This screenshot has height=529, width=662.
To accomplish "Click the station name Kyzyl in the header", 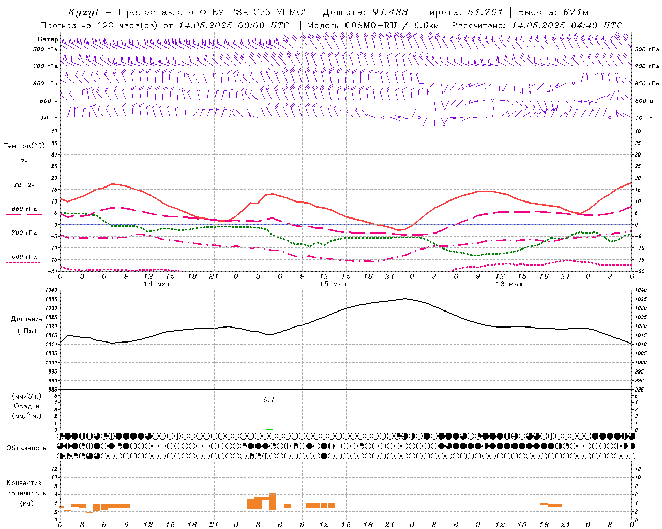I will click(x=83, y=12).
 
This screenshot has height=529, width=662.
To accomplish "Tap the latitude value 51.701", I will click(x=485, y=12).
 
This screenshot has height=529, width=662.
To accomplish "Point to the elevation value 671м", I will click(x=576, y=12).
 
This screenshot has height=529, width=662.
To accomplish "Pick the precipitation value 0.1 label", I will click(x=268, y=400).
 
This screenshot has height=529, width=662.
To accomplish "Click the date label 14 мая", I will click(x=157, y=284).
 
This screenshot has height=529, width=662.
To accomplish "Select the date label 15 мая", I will click(x=333, y=284).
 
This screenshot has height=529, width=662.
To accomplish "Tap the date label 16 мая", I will click(x=508, y=284).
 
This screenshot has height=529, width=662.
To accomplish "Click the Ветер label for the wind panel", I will click(x=48, y=39).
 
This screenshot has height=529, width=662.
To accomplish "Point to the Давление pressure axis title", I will click(x=24, y=319).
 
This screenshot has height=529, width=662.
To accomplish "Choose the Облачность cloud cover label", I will click(x=26, y=448).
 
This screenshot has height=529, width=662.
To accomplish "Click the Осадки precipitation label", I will click(x=26, y=406).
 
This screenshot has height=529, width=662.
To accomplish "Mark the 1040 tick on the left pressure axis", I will click(x=53, y=290).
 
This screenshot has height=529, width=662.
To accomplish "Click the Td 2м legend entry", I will click(x=24, y=185).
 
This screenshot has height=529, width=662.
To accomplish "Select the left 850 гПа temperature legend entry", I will click(x=24, y=209).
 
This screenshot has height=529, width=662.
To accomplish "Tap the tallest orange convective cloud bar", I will click(x=273, y=501).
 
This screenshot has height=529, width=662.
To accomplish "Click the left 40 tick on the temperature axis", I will click(x=54, y=131).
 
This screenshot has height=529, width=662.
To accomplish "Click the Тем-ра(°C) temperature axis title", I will click(x=24, y=146).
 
